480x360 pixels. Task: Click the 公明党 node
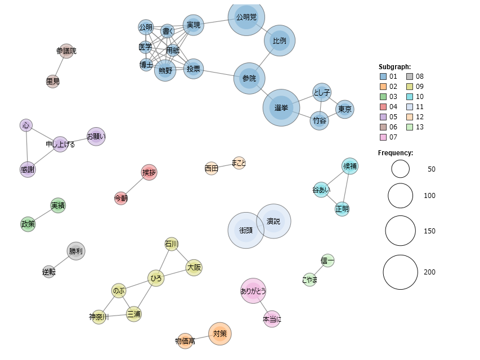246,17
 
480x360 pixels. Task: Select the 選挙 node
281,108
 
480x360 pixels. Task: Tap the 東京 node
345,109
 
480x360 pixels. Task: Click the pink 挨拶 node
149,172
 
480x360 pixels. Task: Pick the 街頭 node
246,230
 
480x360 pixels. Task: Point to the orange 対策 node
220,334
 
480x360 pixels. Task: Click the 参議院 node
66,51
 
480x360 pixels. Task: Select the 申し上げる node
60,144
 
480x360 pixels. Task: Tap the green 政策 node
28,224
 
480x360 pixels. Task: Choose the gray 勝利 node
76,251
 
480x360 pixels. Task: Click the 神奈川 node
99,317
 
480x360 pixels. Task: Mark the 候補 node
349,166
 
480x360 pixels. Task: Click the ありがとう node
253,291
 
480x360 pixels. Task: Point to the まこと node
239,163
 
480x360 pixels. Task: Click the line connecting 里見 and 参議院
60,66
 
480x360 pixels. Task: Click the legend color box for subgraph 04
383,107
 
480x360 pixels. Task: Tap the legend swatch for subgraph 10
410,97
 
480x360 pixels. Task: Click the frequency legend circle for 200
401,272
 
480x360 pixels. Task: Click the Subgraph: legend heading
394,67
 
